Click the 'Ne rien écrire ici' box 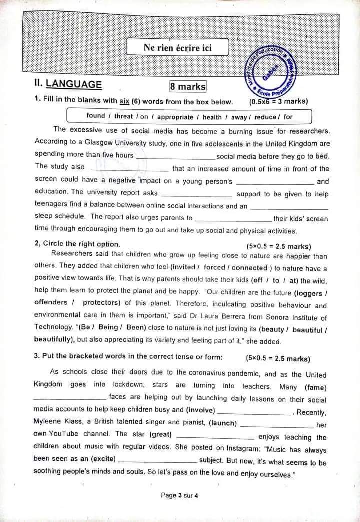(177, 47)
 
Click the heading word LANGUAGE (73, 85)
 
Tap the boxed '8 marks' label (188, 86)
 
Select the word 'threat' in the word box (124, 116)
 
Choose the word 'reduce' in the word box (265, 117)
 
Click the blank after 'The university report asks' (197, 194)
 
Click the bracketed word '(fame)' (315, 387)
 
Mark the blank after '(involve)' (255, 412)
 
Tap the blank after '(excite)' (158, 459)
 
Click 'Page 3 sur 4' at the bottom (179, 495)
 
